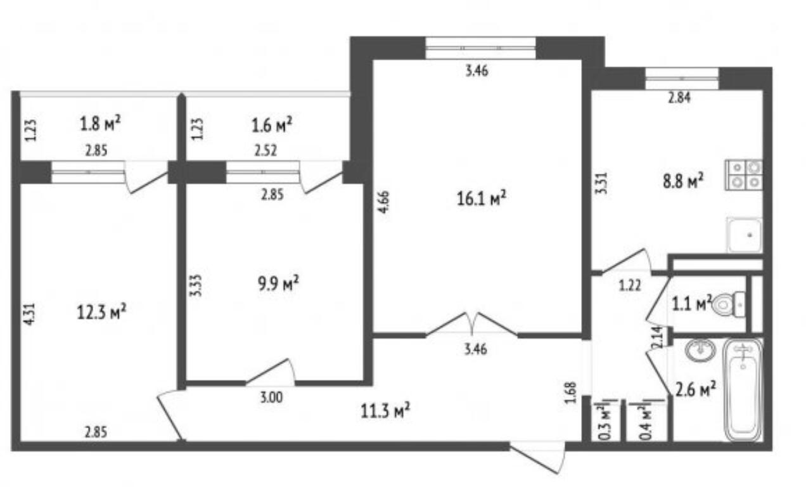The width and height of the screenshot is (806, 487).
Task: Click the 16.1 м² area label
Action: pyautogui.click(x=482, y=198)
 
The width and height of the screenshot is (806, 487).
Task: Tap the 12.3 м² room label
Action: pyautogui.click(x=101, y=311)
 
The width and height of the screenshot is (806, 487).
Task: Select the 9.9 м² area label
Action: pyautogui.click(x=278, y=283)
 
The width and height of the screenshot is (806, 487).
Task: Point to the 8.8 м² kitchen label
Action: pyautogui.click(x=683, y=181)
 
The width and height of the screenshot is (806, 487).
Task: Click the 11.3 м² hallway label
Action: pyautogui.click(x=385, y=411)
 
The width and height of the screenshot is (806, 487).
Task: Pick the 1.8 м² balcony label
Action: pyautogui.click(x=100, y=124)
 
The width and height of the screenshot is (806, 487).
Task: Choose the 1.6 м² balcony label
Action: pyautogui.click(x=272, y=125)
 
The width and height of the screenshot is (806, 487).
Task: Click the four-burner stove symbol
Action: pyautogui.click(x=744, y=175)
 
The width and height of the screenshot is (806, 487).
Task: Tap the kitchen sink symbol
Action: pyautogui.click(x=744, y=235)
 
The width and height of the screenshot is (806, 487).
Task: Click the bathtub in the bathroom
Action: pyautogui.click(x=743, y=390)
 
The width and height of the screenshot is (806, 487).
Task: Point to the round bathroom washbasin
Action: pyautogui.click(x=700, y=350)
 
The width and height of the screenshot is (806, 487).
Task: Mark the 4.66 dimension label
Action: pyautogui.click(x=384, y=202)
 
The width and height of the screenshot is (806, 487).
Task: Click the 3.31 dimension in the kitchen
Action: pyautogui.click(x=601, y=183)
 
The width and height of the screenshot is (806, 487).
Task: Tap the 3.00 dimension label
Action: pyautogui.click(x=271, y=398)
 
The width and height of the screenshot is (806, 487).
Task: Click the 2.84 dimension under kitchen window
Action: pyautogui.click(x=679, y=98)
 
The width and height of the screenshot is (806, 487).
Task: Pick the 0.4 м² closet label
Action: pyautogui.click(x=646, y=423)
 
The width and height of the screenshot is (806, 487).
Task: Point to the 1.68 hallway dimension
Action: pyautogui.click(x=571, y=393)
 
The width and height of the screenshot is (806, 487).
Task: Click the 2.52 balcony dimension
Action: pyautogui.click(x=265, y=150)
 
